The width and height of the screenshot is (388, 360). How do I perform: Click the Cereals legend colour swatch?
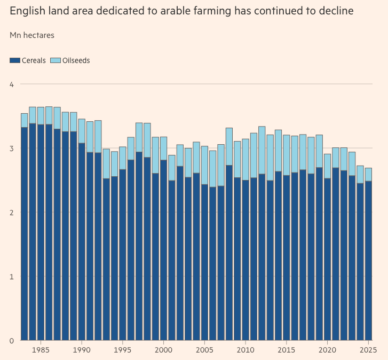(14, 60)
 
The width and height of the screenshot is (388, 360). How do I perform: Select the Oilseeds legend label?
(77, 60)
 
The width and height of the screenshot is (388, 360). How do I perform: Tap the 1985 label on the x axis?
(41, 350)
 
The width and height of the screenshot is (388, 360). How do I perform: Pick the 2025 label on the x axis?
(368, 350)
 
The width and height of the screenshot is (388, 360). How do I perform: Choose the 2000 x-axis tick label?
(163, 350)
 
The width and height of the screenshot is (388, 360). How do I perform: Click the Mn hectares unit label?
(31, 35)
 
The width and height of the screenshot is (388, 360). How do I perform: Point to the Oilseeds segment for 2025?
(368, 174)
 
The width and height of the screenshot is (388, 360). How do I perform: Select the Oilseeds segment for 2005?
(204, 165)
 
